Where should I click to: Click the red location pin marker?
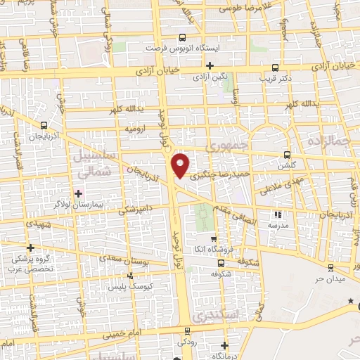pyautogui.click(x=181, y=165)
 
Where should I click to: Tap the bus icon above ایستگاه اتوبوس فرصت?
pyautogui.click(x=183, y=38)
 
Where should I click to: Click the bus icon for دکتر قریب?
pyautogui.click(x=274, y=68)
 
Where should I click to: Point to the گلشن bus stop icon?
pyautogui.click(x=286, y=155)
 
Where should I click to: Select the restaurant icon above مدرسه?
pyautogui.click(x=278, y=214)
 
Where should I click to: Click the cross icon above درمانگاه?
pyautogui.click(x=224, y=345)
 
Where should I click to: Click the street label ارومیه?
pyautogui.click(x=136, y=129)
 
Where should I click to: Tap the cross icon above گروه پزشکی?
pyautogui.click(x=30, y=247)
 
